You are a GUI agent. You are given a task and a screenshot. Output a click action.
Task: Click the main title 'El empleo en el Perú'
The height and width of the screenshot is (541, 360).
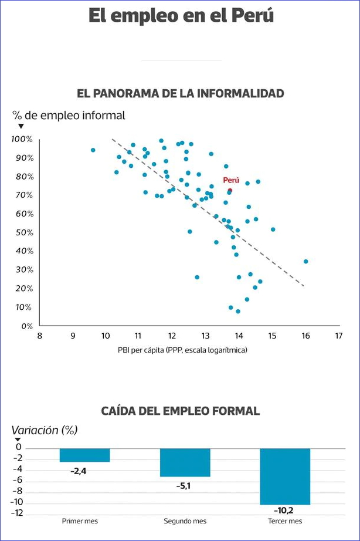click(181, 16)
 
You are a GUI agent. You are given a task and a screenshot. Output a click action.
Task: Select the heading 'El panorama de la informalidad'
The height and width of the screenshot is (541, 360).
click(181, 93)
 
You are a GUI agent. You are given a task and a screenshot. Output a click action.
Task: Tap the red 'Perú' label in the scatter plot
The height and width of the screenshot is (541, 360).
click(231, 180)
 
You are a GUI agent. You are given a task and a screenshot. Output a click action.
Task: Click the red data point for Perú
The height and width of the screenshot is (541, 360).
click(230, 190)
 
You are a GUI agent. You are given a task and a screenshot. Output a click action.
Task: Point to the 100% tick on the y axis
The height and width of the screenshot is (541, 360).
click(22, 139)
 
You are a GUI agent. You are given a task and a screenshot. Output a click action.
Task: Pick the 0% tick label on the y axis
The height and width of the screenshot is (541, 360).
click(26, 326)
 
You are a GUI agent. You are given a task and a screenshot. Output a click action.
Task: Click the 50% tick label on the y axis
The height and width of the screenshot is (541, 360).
click(25, 232)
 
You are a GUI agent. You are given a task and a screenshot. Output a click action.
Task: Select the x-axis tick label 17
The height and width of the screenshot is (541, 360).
click(338, 336)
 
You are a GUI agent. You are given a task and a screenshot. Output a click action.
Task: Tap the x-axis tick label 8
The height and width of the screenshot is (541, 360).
click(39, 336)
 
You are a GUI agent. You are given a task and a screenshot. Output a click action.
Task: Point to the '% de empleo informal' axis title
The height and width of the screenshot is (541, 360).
click(69, 116)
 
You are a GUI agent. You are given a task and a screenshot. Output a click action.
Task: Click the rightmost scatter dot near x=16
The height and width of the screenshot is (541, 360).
click(305, 262)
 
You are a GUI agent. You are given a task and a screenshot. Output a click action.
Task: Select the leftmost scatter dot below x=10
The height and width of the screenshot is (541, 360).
click(93, 150)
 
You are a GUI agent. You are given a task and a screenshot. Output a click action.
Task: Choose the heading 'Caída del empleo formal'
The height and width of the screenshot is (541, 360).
click(181, 411)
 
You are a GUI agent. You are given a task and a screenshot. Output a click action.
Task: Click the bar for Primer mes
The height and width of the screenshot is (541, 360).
click(84, 455)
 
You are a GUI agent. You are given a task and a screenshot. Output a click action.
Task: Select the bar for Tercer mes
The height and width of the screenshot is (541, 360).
click(285, 476)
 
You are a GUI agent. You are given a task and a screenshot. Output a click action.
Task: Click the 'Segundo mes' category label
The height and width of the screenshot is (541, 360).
click(185, 521)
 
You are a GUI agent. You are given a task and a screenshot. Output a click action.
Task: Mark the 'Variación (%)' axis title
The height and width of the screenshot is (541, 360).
click(45, 430)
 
